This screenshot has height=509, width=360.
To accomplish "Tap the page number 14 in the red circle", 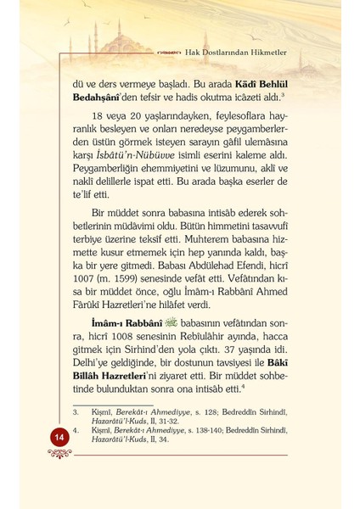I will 36,459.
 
